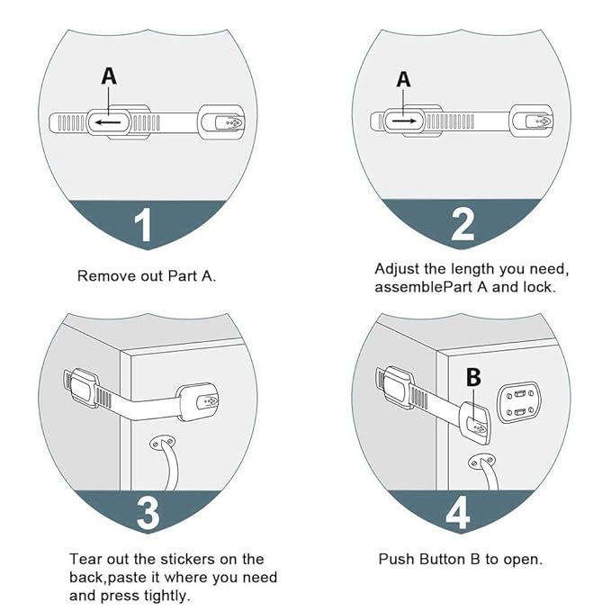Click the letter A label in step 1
click(109, 77)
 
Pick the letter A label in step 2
click(403, 79)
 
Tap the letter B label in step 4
click(473, 379)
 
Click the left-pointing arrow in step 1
click(112, 121)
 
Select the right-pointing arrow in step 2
click(403, 119)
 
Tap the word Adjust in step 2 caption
click(397, 269)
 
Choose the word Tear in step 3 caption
click(85, 559)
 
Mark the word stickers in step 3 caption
click(184, 559)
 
